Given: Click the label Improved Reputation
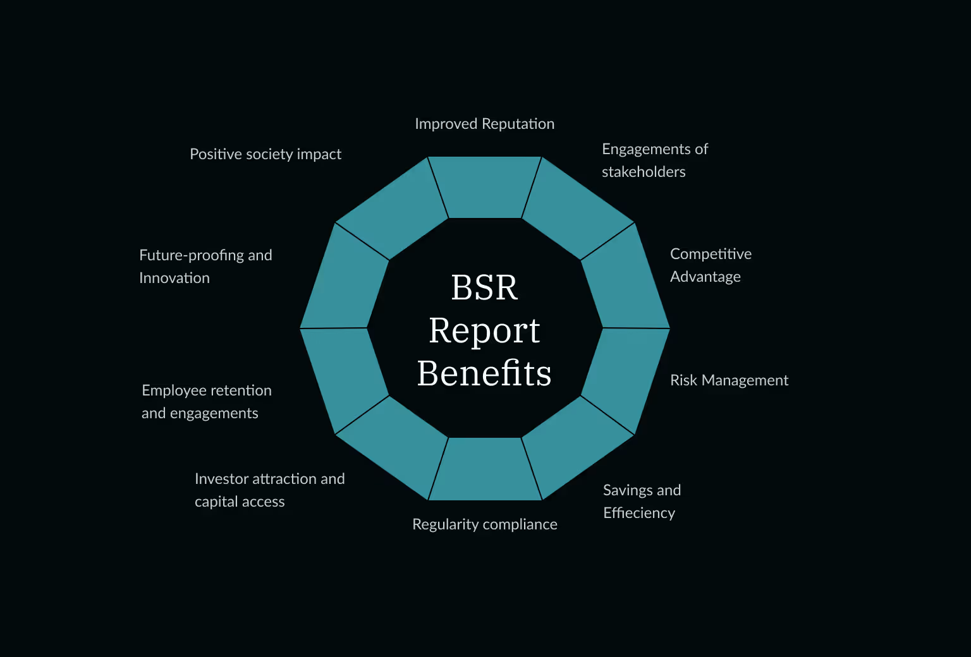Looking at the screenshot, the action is coord(484,124).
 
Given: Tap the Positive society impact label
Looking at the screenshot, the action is coord(266,154).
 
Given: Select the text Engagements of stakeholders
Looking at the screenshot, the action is coord(654,160).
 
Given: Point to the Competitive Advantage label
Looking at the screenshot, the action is coord(711,265).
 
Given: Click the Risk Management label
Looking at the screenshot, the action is coord(729,380).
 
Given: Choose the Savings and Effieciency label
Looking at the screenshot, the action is coord(642,502).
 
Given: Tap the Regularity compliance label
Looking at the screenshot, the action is coord(484,524).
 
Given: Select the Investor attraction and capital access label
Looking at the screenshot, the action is coord(269,490).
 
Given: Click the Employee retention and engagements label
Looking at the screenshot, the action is coord(206,402).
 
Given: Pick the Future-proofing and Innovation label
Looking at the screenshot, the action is coord(205,267).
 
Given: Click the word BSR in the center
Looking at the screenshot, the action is coord(484,288).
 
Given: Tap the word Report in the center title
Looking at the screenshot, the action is coord(484,331).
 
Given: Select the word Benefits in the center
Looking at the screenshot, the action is coord(484,373).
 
